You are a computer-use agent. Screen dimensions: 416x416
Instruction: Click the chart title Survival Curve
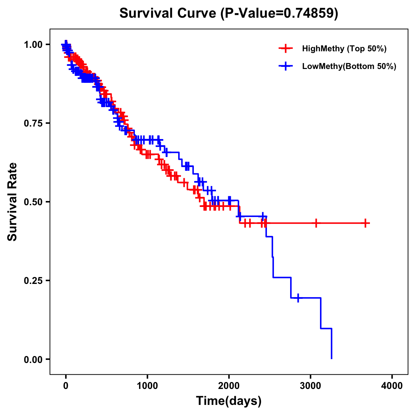(x=228, y=13)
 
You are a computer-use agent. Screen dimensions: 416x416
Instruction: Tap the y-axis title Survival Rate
(x=12, y=201)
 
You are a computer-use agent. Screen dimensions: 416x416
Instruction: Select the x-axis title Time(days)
(x=228, y=401)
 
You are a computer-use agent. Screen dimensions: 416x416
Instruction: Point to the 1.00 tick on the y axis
(x=33, y=44)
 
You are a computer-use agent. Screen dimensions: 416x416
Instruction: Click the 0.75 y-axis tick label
(x=33, y=123)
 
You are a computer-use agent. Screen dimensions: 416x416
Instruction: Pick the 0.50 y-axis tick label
(x=33, y=202)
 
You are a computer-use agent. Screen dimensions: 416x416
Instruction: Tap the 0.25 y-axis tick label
(x=33, y=280)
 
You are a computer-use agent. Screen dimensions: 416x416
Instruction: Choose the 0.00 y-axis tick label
(x=33, y=359)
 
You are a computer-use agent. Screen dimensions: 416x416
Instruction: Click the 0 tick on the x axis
(x=66, y=386)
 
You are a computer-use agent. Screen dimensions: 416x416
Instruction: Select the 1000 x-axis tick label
(x=147, y=386)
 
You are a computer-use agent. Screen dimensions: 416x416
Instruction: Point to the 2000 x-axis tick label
(x=229, y=386)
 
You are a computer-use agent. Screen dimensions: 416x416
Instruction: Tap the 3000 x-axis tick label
(x=311, y=386)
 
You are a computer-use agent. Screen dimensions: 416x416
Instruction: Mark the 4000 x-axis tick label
(x=392, y=386)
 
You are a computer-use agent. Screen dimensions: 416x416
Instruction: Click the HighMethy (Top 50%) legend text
(x=344, y=49)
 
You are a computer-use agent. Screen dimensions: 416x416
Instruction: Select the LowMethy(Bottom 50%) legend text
(x=349, y=66)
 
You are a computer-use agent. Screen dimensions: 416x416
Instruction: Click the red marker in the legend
(x=286, y=49)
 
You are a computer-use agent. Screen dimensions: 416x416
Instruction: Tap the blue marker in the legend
(x=286, y=66)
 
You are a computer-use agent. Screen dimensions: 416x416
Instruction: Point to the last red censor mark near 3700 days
(x=365, y=223)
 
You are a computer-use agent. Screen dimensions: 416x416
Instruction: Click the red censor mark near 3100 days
(x=316, y=223)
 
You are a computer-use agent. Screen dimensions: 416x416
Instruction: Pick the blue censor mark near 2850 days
(x=298, y=298)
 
